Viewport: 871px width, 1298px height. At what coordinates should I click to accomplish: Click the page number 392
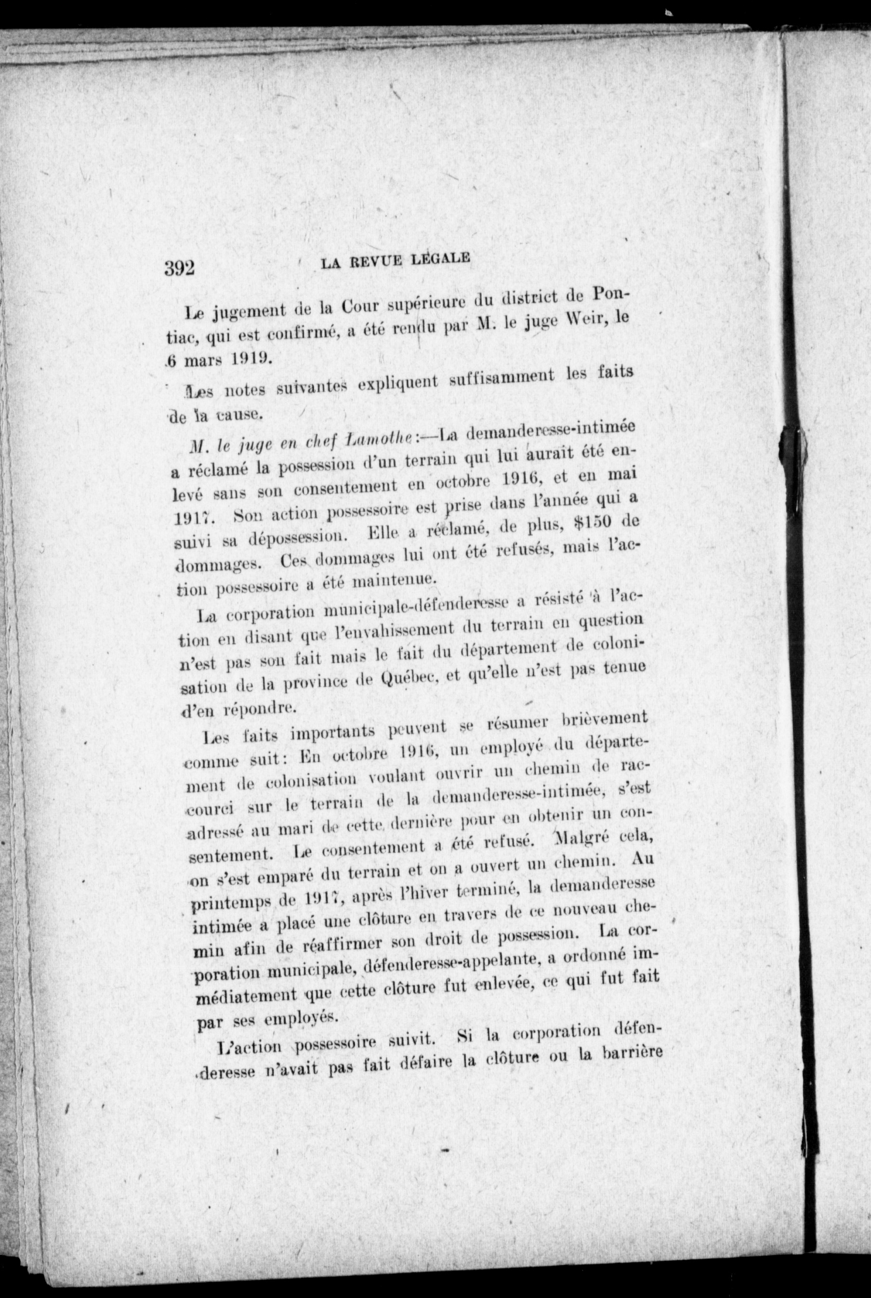tap(179, 268)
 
